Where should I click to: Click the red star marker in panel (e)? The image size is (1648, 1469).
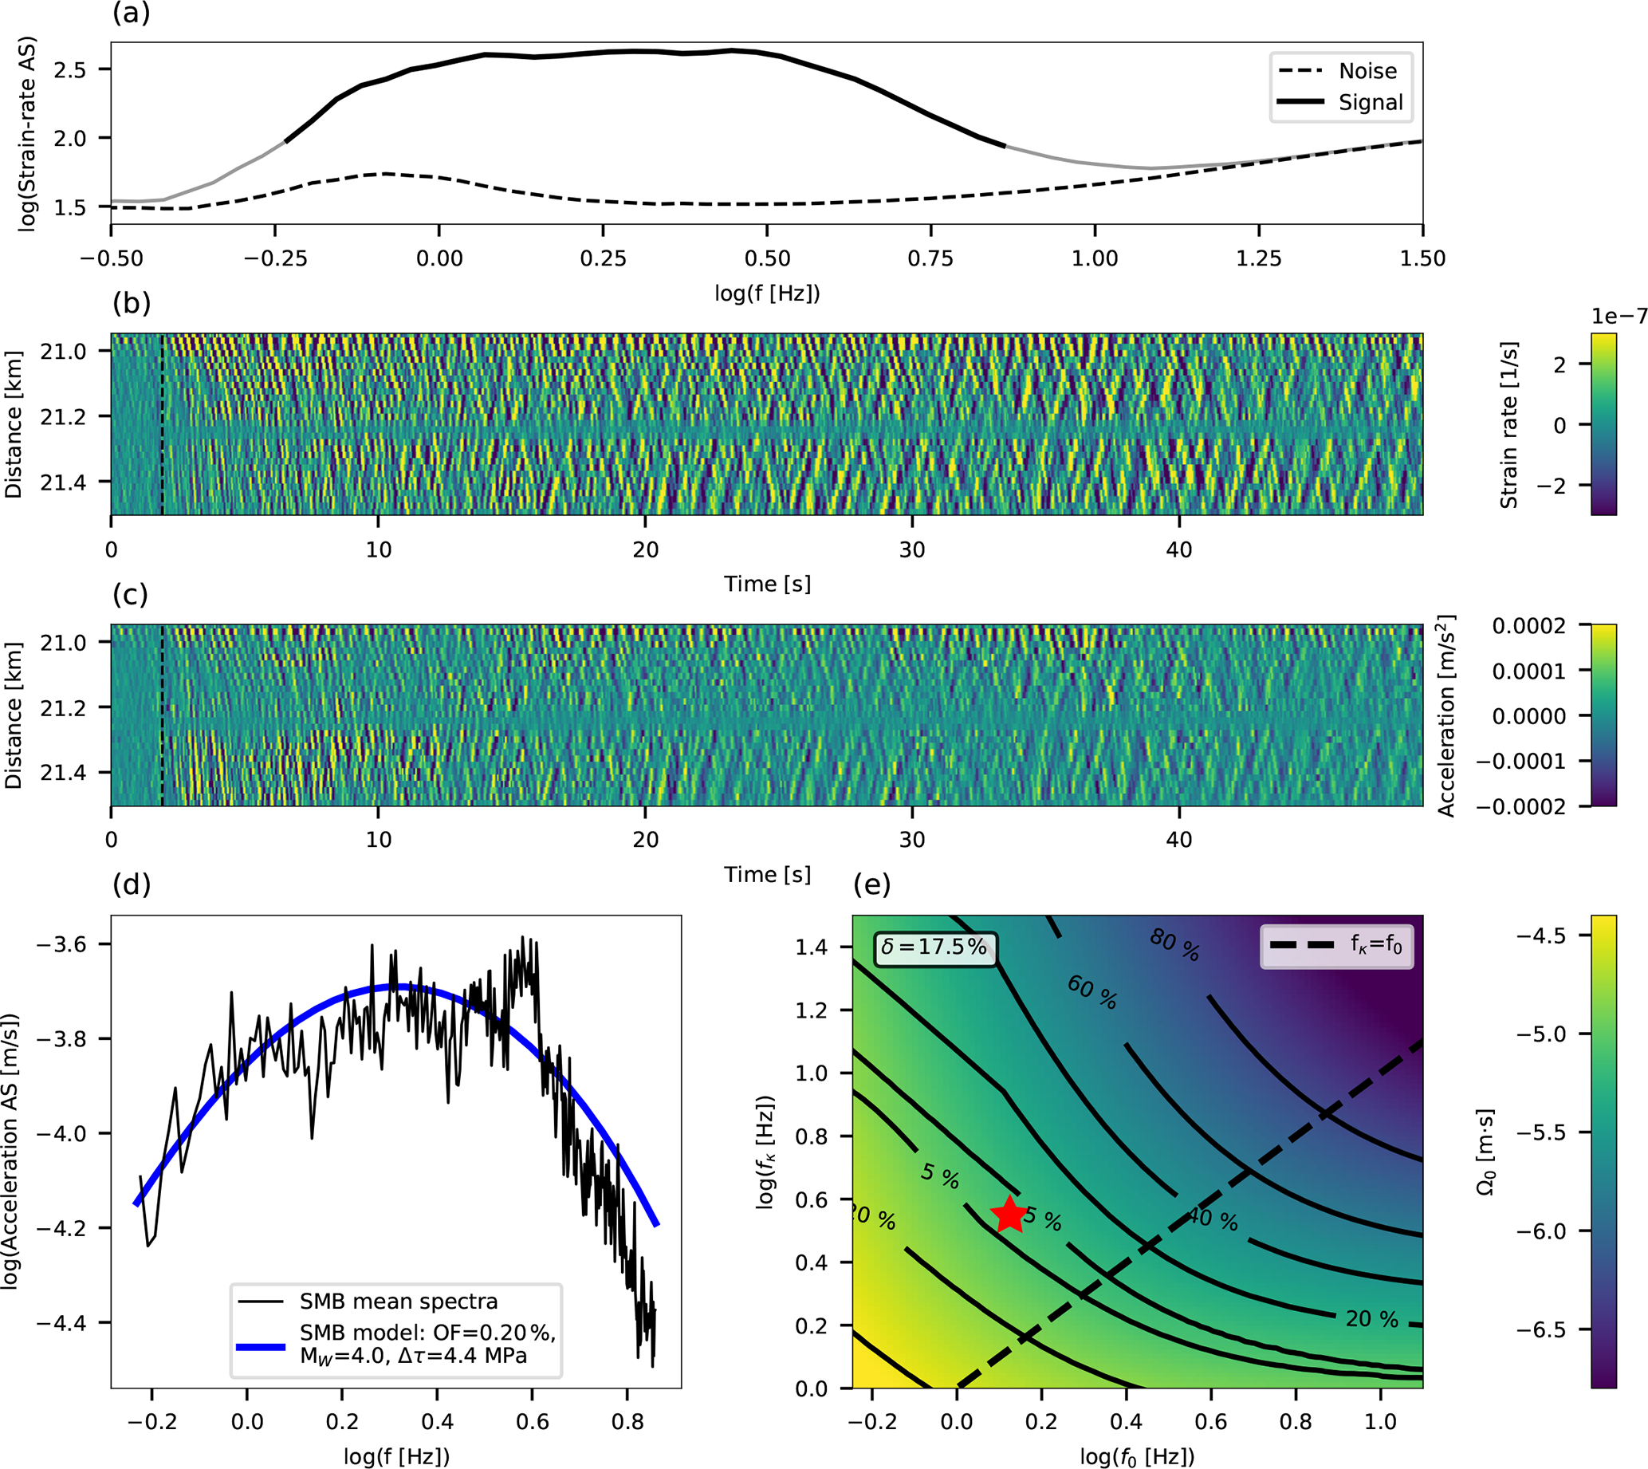[x=1009, y=1214]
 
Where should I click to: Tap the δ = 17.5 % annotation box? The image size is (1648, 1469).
[x=934, y=946]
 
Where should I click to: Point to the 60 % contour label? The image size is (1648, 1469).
[x=1092, y=992]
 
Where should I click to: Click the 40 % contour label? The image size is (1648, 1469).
[x=1212, y=1218]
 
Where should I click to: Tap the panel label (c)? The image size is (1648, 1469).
[x=131, y=594]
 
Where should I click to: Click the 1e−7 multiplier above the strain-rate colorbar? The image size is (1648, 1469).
[x=1619, y=317]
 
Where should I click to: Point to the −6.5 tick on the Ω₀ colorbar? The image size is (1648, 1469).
[x=1540, y=1329]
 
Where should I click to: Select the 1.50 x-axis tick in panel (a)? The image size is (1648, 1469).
[x=1422, y=258]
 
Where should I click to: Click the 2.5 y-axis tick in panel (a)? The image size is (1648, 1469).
[x=69, y=69]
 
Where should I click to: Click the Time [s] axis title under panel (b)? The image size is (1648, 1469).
[x=767, y=584]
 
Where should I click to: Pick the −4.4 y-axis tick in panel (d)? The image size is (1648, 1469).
[x=62, y=1323]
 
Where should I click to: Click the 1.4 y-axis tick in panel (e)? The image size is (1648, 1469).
[x=812, y=947]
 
